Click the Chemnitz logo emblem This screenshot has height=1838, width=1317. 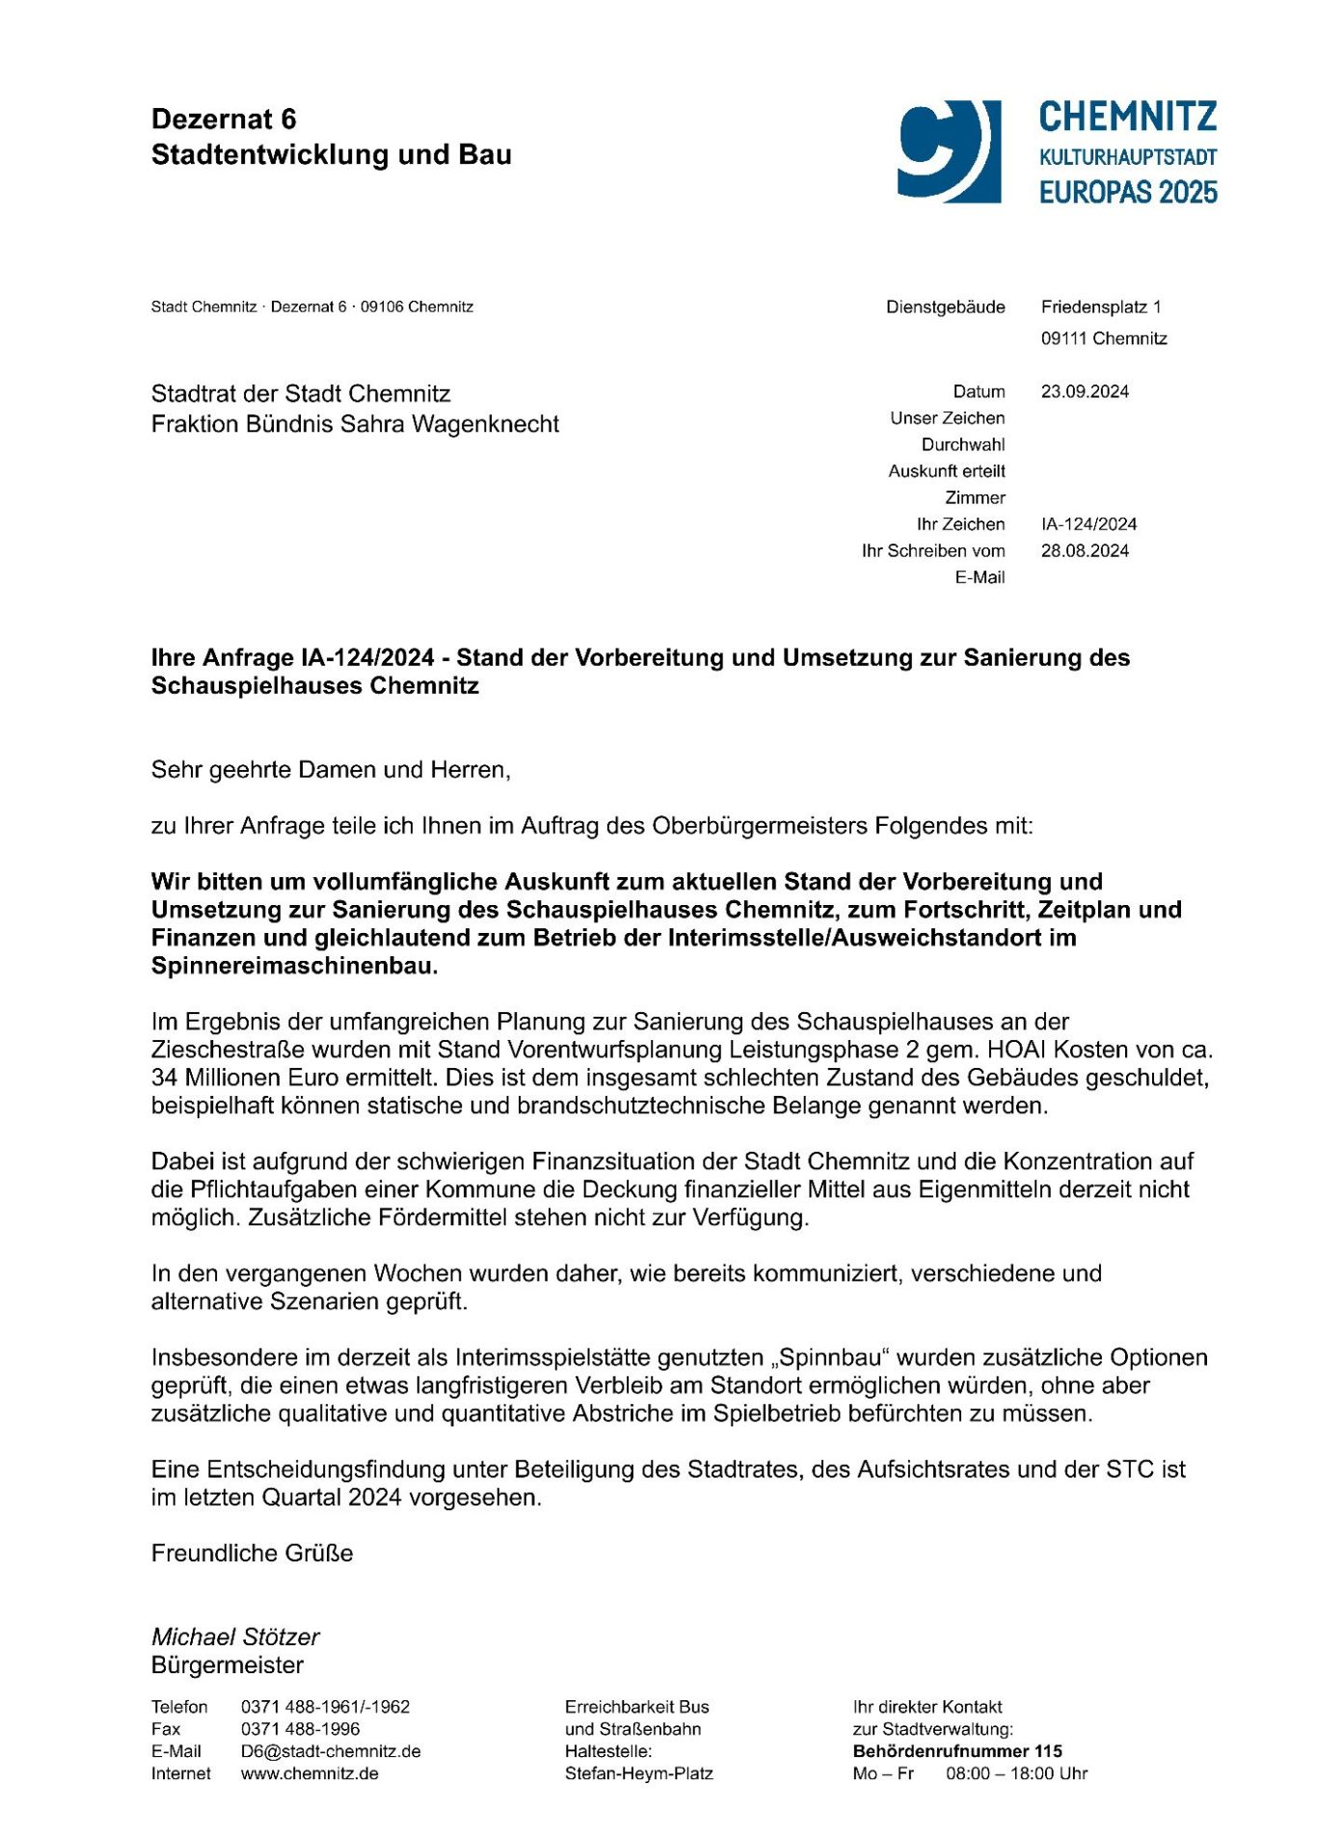click(x=949, y=151)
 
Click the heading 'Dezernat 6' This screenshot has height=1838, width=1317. click(x=224, y=120)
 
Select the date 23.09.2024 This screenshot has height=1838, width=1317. click(x=1085, y=391)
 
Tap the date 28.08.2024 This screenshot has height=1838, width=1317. click(x=1085, y=551)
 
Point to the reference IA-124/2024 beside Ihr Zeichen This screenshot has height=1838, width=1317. click(x=1089, y=524)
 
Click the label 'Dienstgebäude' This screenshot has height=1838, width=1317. click(x=945, y=307)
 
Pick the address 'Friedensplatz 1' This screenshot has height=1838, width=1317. click(x=1101, y=307)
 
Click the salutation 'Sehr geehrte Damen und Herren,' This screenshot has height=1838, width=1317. click(x=331, y=770)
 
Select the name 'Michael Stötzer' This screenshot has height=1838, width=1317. click(x=235, y=1637)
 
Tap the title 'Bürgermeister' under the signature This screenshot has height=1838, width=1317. click(x=228, y=1665)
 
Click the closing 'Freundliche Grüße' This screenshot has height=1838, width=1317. click(x=252, y=1553)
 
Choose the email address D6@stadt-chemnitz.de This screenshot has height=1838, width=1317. click(x=331, y=1751)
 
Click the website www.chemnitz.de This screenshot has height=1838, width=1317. click(x=309, y=1773)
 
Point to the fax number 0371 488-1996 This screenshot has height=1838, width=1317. click(x=300, y=1729)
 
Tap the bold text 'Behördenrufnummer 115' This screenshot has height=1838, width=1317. click(x=957, y=1751)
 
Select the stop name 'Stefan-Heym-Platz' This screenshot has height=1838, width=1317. click(x=639, y=1773)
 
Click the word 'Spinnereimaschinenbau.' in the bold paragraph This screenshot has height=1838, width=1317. click(x=294, y=966)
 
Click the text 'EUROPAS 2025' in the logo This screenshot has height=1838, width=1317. click(x=1128, y=193)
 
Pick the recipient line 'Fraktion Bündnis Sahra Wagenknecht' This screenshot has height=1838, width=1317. click(x=355, y=424)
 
